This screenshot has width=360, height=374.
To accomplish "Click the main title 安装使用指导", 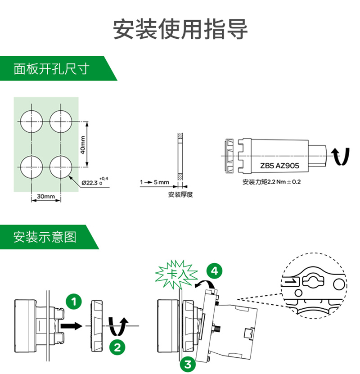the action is pyautogui.click(x=180, y=29).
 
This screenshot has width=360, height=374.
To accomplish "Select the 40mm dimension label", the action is pyautogui.click(x=83, y=145).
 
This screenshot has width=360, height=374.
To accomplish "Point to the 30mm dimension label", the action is pyautogui.click(x=46, y=196).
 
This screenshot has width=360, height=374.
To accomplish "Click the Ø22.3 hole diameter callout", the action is pyautogui.click(x=94, y=182).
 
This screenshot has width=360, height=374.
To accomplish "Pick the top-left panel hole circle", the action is pyautogui.click(x=31, y=122).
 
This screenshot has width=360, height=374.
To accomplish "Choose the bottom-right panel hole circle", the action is pyautogui.click(x=61, y=167).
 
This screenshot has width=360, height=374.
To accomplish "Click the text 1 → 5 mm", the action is pyautogui.click(x=154, y=182).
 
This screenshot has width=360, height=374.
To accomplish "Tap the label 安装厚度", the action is pyautogui.click(x=180, y=194).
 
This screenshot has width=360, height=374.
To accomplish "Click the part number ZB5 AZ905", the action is pyautogui.click(x=279, y=166).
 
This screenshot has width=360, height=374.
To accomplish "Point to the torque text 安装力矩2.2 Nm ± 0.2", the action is pyautogui.click(x=271, y=182).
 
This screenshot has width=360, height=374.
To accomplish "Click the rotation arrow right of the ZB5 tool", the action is pyautogui.click(x=341, y=156).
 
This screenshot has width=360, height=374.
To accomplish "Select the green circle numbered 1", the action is pyautogui.click(x=74, y=302).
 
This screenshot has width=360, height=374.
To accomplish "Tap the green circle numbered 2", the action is pyautogui.click(x=117, y=347).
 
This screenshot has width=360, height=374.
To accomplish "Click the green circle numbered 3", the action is pyautogui.click(x=188, y=364).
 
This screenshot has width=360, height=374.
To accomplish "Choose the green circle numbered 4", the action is pyautogui.click(x=215, y=271).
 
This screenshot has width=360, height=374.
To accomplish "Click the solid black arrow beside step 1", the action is pyautogui.click(x=71, y=325).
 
